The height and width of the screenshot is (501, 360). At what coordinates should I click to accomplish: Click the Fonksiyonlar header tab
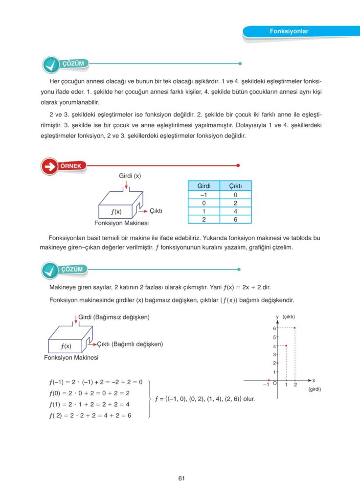click(289, 32)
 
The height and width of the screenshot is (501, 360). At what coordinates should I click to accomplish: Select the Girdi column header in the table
click(204, 186)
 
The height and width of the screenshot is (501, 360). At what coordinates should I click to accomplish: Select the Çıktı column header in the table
click(235, 186)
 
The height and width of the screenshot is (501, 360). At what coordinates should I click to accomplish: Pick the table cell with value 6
click(235, 220)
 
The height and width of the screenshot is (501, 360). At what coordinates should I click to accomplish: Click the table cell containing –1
click(204, 194)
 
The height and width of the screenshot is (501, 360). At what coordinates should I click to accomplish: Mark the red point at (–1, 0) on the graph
click(269, 380)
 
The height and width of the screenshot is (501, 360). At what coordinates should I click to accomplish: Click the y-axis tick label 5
click(274, 337)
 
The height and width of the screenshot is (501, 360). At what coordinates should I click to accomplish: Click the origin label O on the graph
click(274, 385)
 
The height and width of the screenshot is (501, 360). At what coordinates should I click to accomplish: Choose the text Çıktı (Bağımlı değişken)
click(130, 344)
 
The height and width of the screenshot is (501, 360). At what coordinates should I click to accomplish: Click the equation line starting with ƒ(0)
click(89, 393)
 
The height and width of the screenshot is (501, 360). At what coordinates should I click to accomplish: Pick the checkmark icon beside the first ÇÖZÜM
click(50, 65)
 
